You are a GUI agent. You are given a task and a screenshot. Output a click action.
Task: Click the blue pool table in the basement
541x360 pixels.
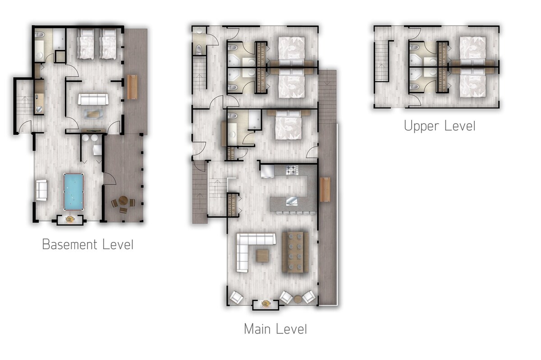click(x=73, y=191)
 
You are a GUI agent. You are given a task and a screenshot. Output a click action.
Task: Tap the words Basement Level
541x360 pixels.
click(x=87, y=244)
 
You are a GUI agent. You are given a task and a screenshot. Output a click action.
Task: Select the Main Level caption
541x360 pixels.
click(x=275, y=329)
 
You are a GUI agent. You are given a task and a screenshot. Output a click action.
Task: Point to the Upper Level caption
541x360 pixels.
click(x=440, y=126)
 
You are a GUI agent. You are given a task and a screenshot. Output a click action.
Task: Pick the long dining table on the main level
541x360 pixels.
click(x=295, y=252)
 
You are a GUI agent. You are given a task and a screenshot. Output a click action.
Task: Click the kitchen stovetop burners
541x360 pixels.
click(x=292, y=170)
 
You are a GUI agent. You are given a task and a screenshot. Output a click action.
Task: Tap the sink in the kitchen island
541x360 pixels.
click(x=292, y=201)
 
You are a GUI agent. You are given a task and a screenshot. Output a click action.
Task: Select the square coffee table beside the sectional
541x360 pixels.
click(x=262, y=255)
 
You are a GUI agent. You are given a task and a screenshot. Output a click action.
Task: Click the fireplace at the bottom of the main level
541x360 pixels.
click(x=266, y=304)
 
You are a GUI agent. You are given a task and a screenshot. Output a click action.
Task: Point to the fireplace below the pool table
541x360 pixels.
click(x=70, y=220)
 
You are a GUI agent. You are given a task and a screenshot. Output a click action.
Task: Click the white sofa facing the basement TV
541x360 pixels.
click(x=93, y=99)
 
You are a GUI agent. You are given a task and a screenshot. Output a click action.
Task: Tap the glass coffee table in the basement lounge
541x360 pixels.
click(x=94, y=114)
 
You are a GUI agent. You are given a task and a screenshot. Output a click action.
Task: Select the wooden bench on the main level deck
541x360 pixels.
click(x=325, y=190)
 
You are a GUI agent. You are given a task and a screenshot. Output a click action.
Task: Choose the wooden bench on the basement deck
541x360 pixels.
click(x=132, y=87)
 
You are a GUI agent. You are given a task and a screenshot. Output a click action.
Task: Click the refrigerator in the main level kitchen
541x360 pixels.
click(x=268, y=171)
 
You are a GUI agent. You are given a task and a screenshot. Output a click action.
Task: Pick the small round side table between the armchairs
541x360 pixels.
click(x=298, y=299)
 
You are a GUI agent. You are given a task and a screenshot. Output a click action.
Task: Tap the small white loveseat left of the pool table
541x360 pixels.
click(x=41, y=190)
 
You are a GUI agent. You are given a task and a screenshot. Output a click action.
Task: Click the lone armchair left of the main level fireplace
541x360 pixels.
click(x=236, y=297)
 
